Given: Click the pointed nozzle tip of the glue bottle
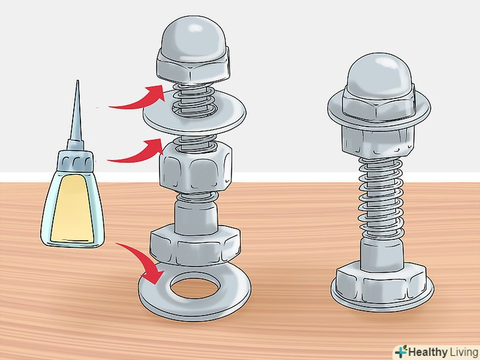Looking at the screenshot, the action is point(77,82).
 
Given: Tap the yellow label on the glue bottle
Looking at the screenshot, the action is point(73,208).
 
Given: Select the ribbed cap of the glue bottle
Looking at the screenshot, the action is point(75,161).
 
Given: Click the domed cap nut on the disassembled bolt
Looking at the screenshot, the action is point(193,51).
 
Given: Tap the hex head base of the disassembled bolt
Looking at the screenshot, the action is point(195,245).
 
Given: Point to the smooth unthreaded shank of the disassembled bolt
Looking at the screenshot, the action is point(196,216).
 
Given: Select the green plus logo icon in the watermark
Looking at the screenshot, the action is point(401,351).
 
